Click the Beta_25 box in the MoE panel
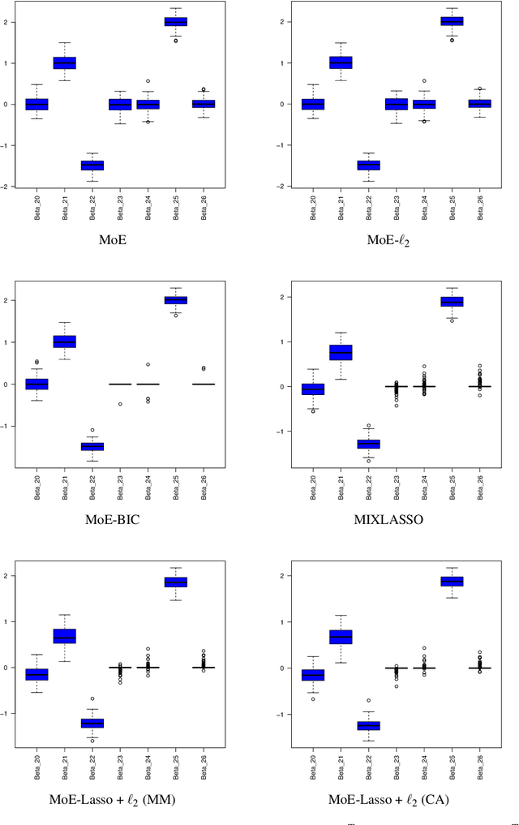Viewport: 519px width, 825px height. [176, 22]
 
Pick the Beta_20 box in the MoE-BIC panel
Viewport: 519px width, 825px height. [36, 384]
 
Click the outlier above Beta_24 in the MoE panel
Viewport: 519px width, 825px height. [148, 81]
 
